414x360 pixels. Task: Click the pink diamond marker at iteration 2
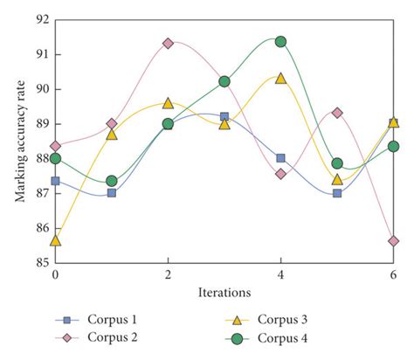[168, 43]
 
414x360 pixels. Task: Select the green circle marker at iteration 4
[280, 42]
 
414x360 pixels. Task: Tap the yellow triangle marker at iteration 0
[56, 240]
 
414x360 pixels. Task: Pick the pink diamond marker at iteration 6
[393, 240]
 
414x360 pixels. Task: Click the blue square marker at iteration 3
[224, 116]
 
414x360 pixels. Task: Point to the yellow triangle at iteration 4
[280, 78]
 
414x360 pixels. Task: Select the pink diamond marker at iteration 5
[337, 113]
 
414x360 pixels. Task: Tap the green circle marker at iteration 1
[112, 181]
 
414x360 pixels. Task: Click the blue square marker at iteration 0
[56, 181]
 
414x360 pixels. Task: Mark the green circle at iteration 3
[224, 81]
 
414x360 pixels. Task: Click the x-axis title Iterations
[224, 292]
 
